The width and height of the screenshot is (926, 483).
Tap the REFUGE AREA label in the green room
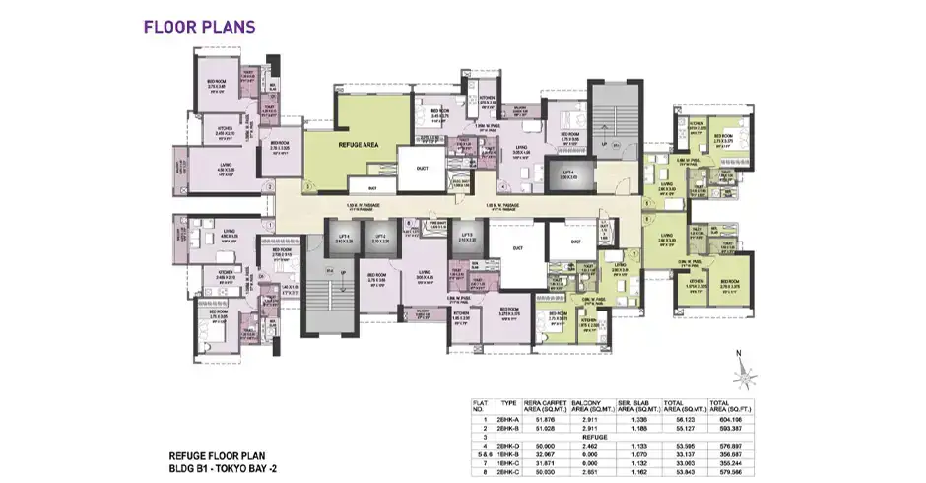(x=359, y=144)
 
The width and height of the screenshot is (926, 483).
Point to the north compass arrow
(x=750, y=370)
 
